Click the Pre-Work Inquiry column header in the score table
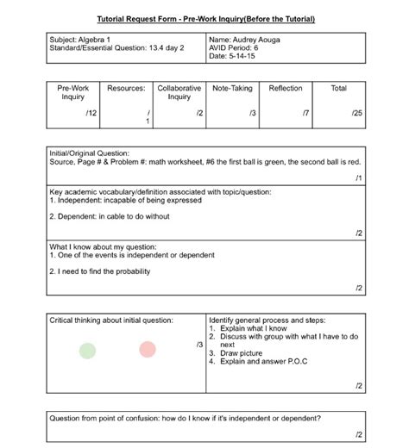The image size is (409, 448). click(73, 92)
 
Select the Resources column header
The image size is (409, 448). click(126, 88)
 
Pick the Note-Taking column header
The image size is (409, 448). click(232, 88)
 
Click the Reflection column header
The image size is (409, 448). click(286, 88)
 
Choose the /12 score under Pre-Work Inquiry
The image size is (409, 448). click(91, 113)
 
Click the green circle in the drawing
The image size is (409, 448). click(87, 350)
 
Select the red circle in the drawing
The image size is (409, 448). click(147, 349)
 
